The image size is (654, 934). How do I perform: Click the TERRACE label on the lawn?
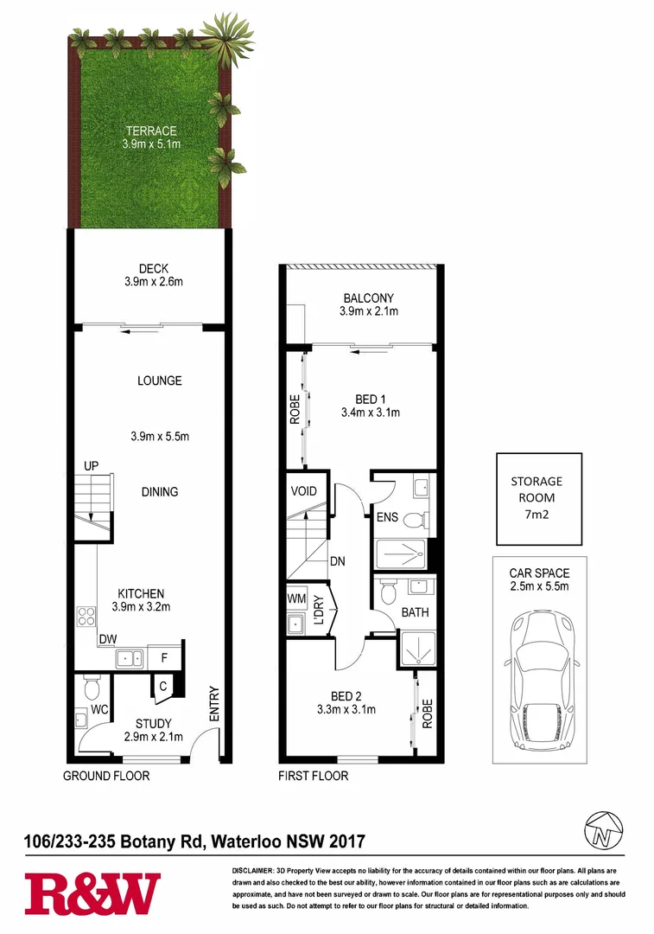[x=150, y=131]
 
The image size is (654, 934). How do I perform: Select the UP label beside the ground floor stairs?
[x=92, y=466]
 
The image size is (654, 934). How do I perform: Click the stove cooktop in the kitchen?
[x=87, y=617]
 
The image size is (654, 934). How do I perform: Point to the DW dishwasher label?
[x=107, y=640]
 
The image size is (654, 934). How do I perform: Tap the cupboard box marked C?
[x=161, y=686]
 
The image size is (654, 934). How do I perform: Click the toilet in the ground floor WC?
[x=92, y=688]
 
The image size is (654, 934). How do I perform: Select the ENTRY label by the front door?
[x=214, y=703]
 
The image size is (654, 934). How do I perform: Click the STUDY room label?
[x=154, y=724]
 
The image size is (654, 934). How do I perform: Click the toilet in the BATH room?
[x=388, y=592]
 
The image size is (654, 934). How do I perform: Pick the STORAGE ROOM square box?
[x=538, y=498]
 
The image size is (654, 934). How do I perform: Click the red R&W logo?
[x=92, y=893]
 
